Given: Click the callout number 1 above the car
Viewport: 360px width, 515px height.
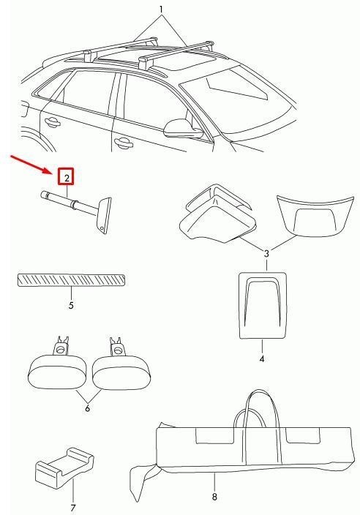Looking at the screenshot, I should click(161, 10).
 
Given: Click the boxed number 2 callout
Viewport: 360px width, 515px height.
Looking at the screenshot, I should click(66, 177).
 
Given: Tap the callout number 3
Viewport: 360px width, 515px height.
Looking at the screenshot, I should click(266, 253).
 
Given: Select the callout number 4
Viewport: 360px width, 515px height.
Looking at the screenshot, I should click(262, 358).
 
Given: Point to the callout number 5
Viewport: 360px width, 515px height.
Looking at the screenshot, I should click(71, 305).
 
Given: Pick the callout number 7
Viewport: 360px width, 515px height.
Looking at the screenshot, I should click(72, 507).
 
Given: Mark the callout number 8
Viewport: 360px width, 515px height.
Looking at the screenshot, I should click(214, 497).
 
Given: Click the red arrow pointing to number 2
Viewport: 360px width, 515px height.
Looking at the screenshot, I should click(33, 165).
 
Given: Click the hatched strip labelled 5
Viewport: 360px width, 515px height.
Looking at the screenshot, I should click(71, 280).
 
